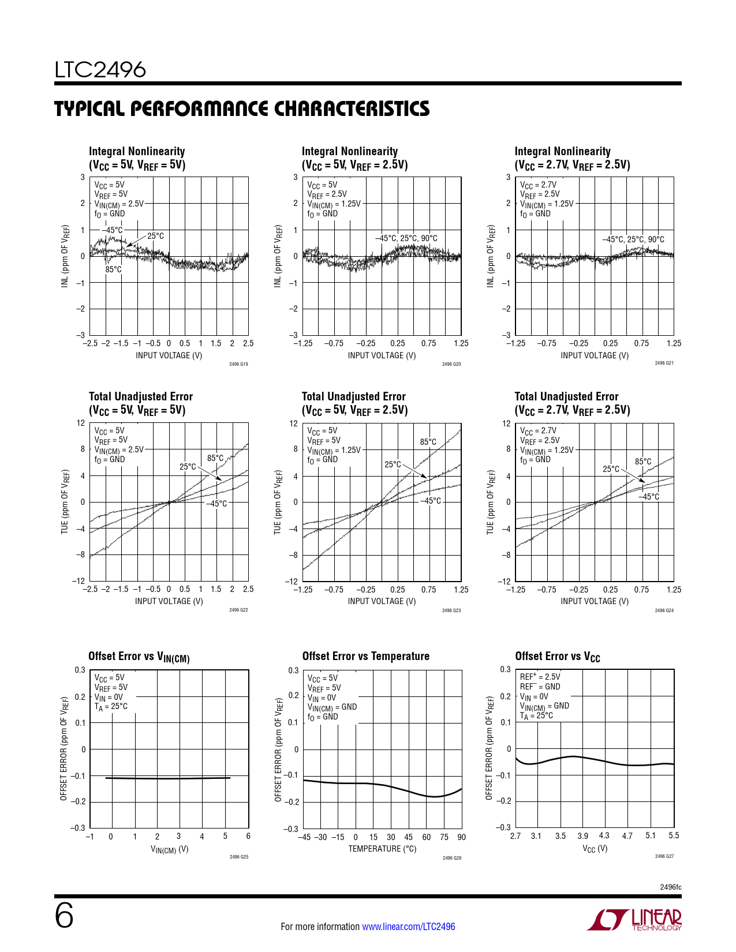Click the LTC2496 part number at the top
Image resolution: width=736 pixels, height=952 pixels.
click(x=100, y=70)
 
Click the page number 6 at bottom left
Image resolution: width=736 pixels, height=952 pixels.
click(x=64, y=916)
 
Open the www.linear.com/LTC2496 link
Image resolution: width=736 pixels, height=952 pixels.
click(x=408, y=927)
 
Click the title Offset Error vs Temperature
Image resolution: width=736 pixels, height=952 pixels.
click(x=365, y=656)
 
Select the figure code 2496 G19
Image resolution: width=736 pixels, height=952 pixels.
click(x=238, y=364)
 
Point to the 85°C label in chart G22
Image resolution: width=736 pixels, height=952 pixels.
click(x=215, y=458)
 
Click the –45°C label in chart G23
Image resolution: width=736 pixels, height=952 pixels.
click(x=430, y=501)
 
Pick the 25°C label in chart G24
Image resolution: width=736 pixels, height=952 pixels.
click(x=611, y=469)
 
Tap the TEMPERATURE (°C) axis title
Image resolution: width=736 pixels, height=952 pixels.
click(x=382, y=849)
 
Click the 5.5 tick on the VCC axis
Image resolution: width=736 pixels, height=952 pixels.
click(x=674, y=835)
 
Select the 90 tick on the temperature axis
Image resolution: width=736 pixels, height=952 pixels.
click(x=461, y=837)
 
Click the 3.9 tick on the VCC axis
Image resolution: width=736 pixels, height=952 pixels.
click(x=583, y=835)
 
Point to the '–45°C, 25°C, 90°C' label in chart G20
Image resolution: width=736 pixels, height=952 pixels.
click(x=406, y=238)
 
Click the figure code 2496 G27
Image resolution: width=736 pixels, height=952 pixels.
click(x=664, y=856)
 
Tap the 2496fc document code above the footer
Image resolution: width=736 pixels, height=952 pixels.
click(x=670, y=887)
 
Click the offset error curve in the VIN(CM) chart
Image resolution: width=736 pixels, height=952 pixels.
click(x=167, y=778)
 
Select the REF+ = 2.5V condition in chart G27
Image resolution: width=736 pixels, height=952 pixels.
click(x=540, y=677)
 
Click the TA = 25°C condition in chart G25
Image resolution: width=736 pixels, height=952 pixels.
click(x=111, y=706)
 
